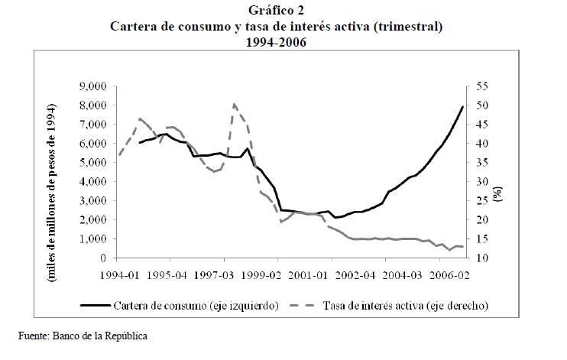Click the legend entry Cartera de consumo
(x=197, y=306)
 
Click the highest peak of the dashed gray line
(x=234, y=104)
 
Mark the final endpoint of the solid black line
(x=463, y=106)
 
